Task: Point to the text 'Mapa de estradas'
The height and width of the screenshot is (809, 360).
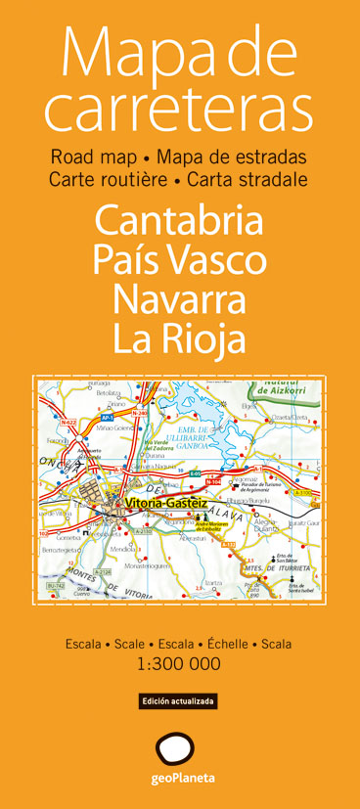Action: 232,157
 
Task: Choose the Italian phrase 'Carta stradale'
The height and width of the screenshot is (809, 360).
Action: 247,179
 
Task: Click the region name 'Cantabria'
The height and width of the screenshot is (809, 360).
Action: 179,219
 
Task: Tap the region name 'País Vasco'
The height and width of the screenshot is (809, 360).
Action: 179,259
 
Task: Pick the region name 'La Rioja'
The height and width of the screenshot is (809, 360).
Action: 179,337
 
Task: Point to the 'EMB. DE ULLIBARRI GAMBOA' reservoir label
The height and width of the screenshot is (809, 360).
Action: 177,424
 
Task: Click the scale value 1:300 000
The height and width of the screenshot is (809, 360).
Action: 179,637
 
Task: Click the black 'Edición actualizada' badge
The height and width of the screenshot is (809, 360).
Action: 178,674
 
